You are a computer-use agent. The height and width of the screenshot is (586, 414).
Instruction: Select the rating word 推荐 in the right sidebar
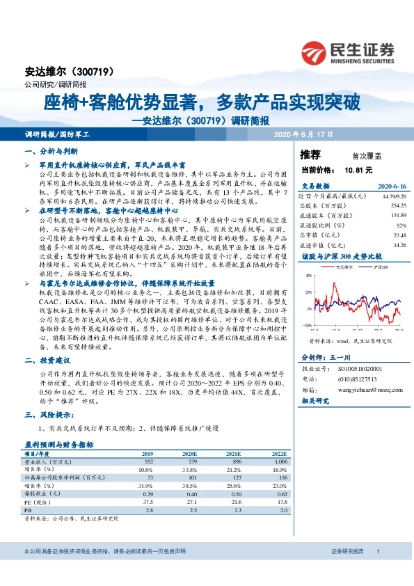[310, 154]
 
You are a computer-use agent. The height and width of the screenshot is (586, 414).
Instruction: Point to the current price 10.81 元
[358, 169]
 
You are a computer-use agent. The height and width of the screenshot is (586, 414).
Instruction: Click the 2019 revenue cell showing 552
[148, 461]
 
